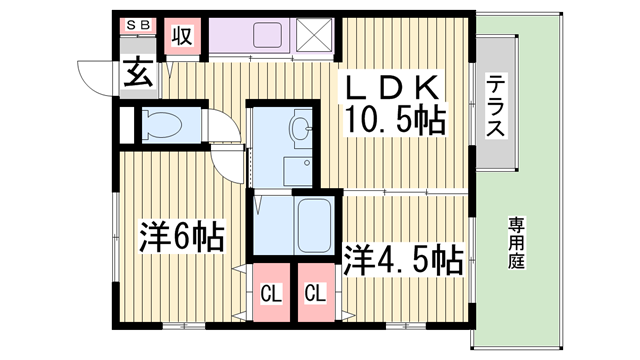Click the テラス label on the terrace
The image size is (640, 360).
coord(497,104)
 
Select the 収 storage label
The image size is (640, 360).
coord(181,36)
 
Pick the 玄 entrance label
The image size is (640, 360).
coord(135,72)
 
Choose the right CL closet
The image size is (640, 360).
coord(315,293)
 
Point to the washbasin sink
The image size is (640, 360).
coord(298,128)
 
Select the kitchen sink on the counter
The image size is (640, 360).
coord(268,36)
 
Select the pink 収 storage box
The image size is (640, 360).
coord(181,36)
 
